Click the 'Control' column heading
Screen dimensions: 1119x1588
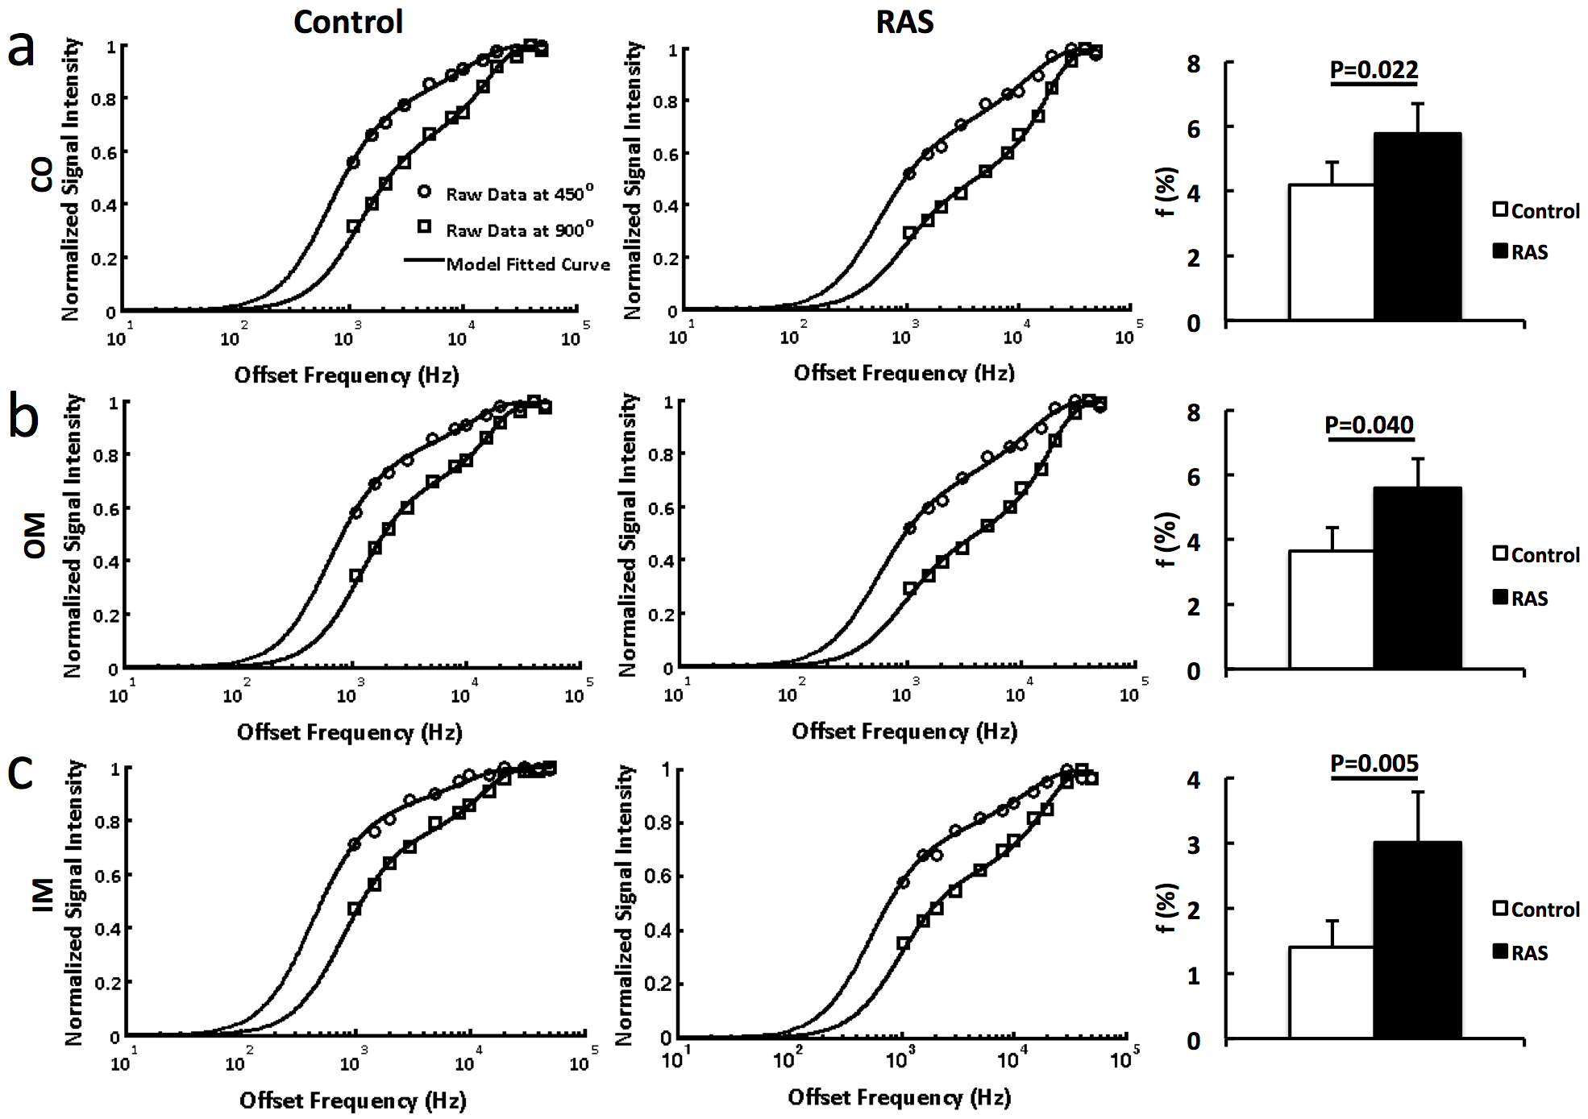click(x=348, y=22)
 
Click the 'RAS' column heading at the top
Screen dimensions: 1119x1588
click(x=904, y=22)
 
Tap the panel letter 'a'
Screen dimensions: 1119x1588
click(x=22, y=48)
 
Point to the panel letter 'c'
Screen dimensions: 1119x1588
click(x=20, y=771)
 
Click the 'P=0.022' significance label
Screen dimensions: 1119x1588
click(x=1374, y=70)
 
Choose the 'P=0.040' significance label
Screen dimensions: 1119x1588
click(x=1369, y=425)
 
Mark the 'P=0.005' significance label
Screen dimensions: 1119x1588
click(x=1374, y=763)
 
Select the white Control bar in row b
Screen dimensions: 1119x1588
click(x=1331, y=610)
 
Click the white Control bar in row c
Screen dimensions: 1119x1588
click(x=1331, y=993)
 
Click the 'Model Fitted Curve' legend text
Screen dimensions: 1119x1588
click(x=528, y=264)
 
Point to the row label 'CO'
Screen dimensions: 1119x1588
click(x=42, y=173)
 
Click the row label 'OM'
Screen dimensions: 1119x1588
click(x=35, y=536)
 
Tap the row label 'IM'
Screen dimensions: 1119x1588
click(x=42, y=894)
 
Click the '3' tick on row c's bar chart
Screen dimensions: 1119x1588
click(x=1194, y=844)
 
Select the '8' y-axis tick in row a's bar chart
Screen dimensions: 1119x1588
click(x=1194, y=64)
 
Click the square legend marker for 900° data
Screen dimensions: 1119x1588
click(x=424, y=227)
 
